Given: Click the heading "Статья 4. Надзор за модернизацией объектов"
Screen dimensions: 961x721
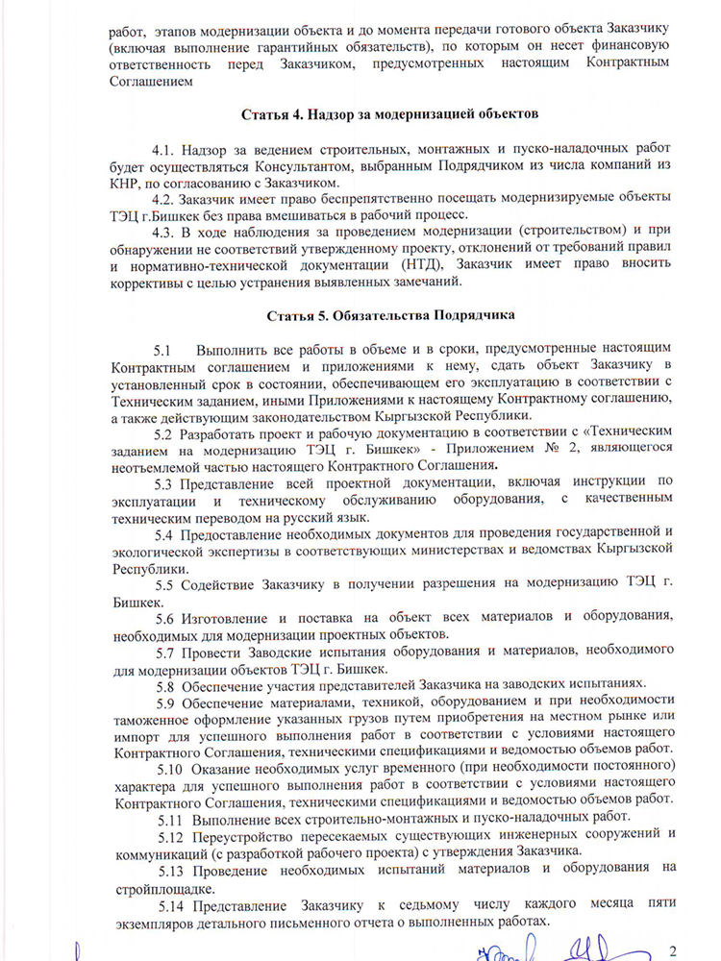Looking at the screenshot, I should (x=388, y=115).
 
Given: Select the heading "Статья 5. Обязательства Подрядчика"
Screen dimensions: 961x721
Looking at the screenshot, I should (x=388, y=314).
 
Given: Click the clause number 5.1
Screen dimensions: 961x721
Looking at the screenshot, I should (x=162, y=349).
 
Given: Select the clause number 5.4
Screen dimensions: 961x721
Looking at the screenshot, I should (x=164, y=532).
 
